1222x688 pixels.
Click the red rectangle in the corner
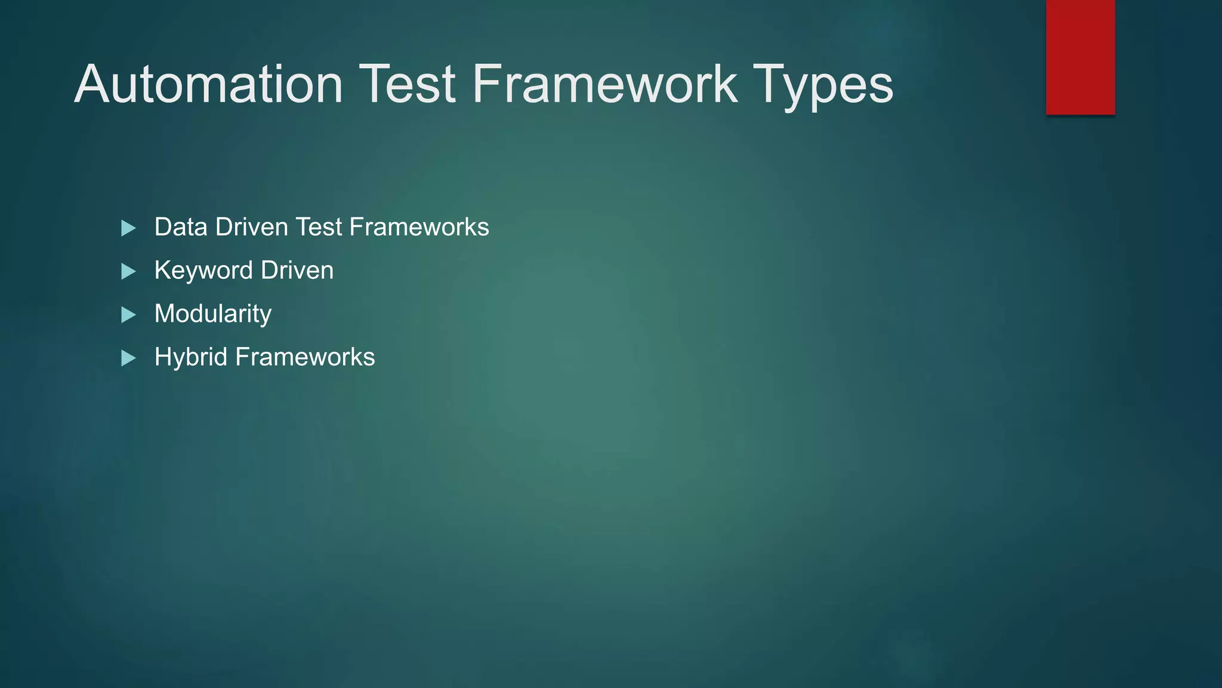point(1080,57)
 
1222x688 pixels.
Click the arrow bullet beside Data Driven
point(128,228)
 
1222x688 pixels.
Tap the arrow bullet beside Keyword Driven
point(128,272)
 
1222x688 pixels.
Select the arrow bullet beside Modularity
point(128,315)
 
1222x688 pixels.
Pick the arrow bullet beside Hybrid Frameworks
point(128,358)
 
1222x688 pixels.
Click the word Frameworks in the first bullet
point(419,227)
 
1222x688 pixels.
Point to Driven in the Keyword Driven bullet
point(297,271)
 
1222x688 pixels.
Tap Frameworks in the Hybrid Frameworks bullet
point(305,357)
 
